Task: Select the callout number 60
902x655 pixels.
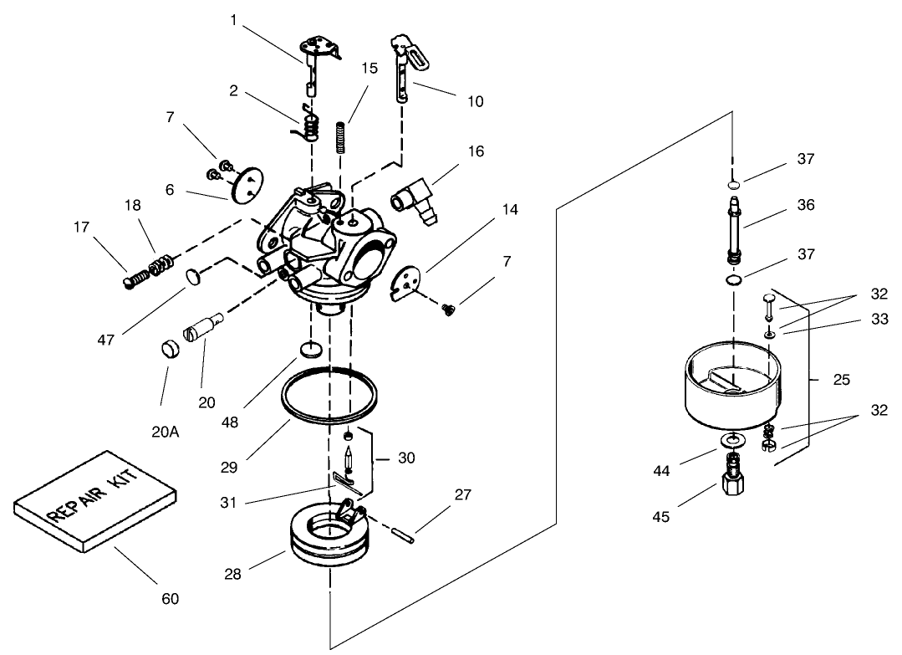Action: coord(170,599)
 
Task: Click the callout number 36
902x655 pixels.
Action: coord(805,205)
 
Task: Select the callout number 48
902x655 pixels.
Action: coord(230,422)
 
